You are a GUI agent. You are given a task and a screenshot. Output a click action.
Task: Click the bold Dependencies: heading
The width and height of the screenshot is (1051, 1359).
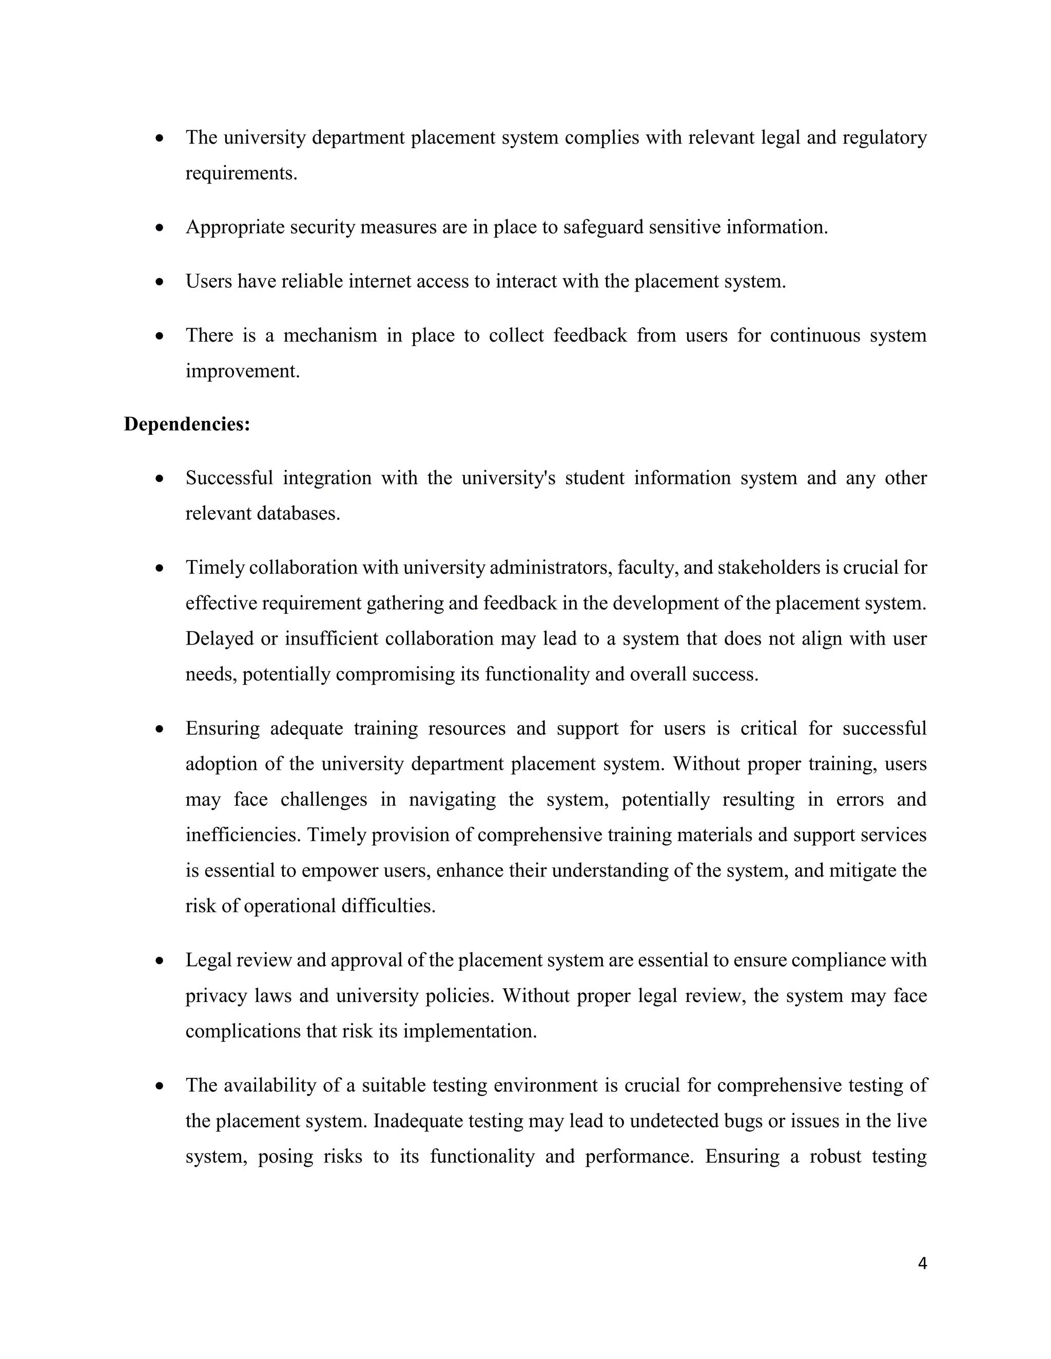coord(187,425)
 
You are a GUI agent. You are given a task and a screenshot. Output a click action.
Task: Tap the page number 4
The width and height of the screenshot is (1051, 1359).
coord(922,1263)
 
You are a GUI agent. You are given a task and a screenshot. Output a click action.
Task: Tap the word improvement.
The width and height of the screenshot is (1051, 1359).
coord(242,371)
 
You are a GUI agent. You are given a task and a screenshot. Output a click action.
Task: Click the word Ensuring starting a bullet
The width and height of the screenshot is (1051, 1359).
coord(222,729)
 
